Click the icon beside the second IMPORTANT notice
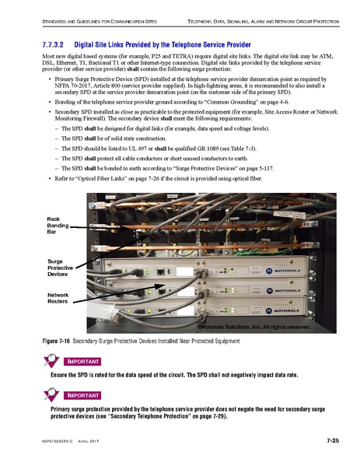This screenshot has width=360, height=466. coord(51,394)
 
